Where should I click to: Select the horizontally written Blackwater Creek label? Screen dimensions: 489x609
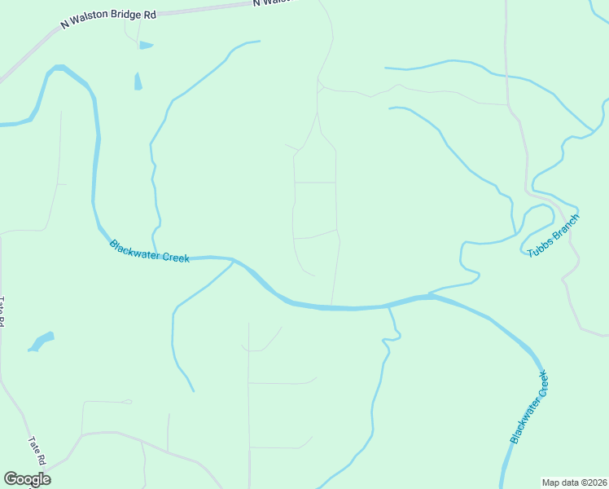click(x=149, y=252)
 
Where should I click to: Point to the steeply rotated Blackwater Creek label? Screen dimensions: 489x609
click(x=529, y=407)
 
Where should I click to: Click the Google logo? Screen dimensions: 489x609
click(x=27, y=479)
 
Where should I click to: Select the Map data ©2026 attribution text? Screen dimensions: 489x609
click(x=574, y=482)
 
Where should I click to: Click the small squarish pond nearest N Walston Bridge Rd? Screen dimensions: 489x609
click(x=146, y=45)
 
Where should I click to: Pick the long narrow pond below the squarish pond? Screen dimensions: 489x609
click(x=138, y=81)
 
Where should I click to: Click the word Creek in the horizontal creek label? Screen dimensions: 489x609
click(x=176, y=258)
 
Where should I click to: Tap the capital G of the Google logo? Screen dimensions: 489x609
click(x=11, y=479)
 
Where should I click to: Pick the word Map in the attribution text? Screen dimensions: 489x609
click(x=551, y=482)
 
